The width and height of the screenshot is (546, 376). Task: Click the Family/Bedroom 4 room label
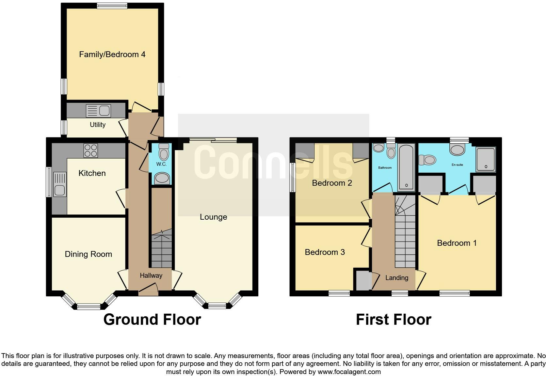(x=112, y=55)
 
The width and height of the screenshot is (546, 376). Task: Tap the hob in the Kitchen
(x=91, y=150)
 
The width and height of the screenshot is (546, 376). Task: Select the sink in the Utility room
(x=98, y=111)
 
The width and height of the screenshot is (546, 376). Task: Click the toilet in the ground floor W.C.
(x=163, y=152)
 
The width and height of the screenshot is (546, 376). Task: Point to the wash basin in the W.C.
(x=162, y=179)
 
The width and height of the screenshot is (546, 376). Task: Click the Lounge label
(x=213, y=217)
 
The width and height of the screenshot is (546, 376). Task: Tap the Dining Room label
(x=88, y=254)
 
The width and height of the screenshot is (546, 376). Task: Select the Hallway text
(x=151, y=275)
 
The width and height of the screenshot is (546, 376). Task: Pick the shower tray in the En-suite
(x=486, y=159)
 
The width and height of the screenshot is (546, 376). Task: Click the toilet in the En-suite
(x=427, y=160)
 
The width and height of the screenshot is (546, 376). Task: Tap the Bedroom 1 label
(x=457, y=243)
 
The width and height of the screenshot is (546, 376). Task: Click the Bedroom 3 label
(x=325, y=252)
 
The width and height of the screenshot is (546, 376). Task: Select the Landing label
(x=396, y=278)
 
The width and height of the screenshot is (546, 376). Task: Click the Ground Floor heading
(x=152, y=320)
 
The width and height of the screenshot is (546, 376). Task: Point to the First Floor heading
(x=393, y=320)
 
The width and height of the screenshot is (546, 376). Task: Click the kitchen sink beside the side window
(x=59, y=185)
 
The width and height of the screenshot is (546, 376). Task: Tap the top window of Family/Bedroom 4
(x=112, y=6)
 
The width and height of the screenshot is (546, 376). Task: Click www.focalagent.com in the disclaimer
(x=349, y=372)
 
